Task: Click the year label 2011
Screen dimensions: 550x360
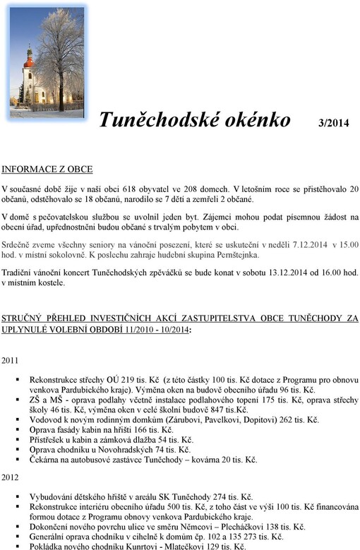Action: (11, 360)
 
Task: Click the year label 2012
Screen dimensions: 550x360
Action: (11, 478)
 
